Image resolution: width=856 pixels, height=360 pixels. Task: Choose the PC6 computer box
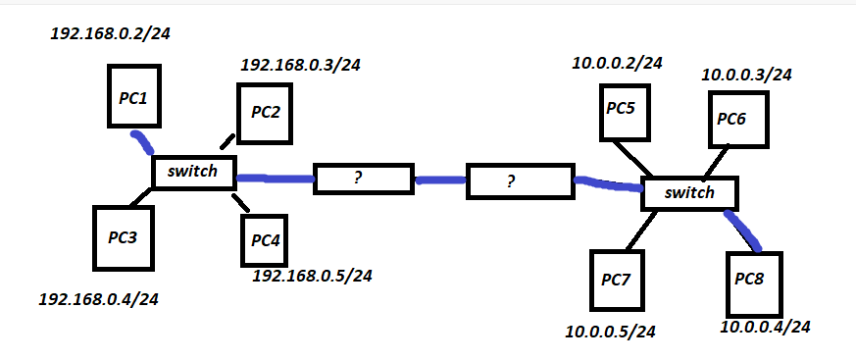[733, 120]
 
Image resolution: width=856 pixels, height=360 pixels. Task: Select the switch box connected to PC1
[193, 172]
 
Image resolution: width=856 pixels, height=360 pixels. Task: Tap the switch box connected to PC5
[689, 193]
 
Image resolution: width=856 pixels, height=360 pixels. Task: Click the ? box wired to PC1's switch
[360, 180]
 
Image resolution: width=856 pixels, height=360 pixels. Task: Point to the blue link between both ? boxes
[440, 180]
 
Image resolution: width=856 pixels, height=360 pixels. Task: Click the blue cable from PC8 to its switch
[743, 230]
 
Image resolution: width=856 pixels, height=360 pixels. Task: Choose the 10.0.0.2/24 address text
[618, 64]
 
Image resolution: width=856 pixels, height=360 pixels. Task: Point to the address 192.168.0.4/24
[97, 298]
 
